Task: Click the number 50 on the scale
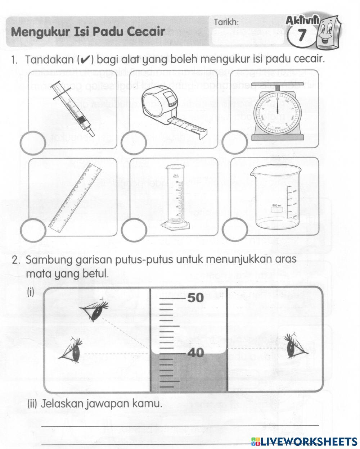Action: [195, 298]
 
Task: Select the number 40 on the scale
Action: [195, 353]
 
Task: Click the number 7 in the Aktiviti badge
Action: [302, 35]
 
